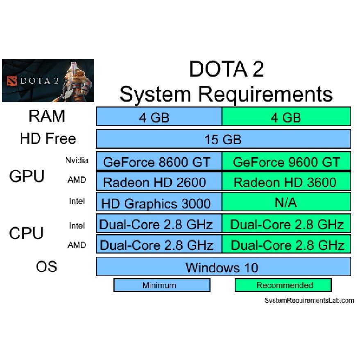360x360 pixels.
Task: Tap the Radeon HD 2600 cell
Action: point(159,181)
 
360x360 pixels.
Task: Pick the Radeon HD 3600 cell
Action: point(286,181)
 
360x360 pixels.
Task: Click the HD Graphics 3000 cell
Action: point(159,202)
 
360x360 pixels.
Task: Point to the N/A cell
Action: point(286,202)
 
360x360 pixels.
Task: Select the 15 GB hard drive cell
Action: point(223,139)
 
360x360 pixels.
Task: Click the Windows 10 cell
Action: point(223,267)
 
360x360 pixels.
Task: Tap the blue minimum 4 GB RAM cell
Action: point(159,116)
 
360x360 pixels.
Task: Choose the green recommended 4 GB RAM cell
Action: point(286,116)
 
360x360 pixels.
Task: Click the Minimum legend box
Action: point(162,285)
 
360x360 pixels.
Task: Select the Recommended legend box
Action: point(283,285)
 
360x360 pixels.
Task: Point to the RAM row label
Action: point(47,116)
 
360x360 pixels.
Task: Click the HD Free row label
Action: point(48,138)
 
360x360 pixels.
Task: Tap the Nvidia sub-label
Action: point(77,160)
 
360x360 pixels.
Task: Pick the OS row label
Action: point(47,267)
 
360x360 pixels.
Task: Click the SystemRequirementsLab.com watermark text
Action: point(309,300)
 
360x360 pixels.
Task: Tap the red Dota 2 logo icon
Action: point(12,81)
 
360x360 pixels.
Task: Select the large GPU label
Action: point(27,176)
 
